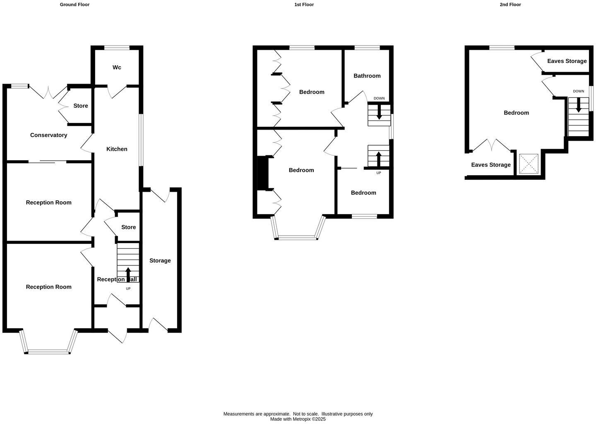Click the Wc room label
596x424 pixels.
coord(117,67)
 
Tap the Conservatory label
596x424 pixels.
coord(48,135)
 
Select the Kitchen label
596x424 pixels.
coord(117,149)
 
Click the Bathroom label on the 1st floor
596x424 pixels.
coord(367,76)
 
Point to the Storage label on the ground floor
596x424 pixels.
coord(160,260)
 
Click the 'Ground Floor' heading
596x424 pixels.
coord(74,5)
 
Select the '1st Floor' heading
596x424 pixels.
coord(304,5)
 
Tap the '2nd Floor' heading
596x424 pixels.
coord(510,5)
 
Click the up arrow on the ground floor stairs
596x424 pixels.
coord(128,274)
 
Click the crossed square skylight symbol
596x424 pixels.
coord(529,164)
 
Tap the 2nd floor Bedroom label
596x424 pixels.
coord(516,113)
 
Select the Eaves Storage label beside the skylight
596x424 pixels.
coord(490,165)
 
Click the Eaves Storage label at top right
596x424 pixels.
coord(567,61)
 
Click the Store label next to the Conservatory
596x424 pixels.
coord(81,106)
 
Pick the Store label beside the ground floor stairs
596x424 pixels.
coord(128,227)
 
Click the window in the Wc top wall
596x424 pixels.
coord(116,48)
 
